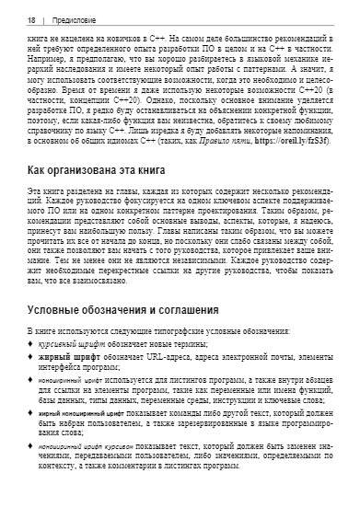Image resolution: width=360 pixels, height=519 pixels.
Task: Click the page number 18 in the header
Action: tap(32, 19)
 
